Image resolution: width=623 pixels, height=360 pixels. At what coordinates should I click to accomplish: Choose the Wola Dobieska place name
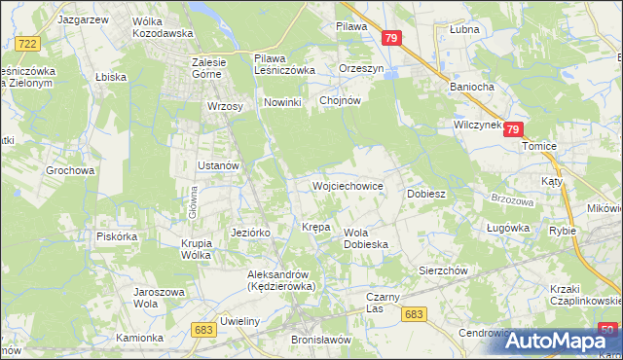point(367,238)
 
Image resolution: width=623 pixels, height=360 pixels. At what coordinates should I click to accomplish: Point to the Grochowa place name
point(70,170)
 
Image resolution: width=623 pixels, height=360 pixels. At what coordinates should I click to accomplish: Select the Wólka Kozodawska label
point(136,26)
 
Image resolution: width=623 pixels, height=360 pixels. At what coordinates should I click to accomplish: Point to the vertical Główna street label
point(193,206)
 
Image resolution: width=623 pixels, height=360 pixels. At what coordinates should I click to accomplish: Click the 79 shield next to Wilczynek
point(514,128)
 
